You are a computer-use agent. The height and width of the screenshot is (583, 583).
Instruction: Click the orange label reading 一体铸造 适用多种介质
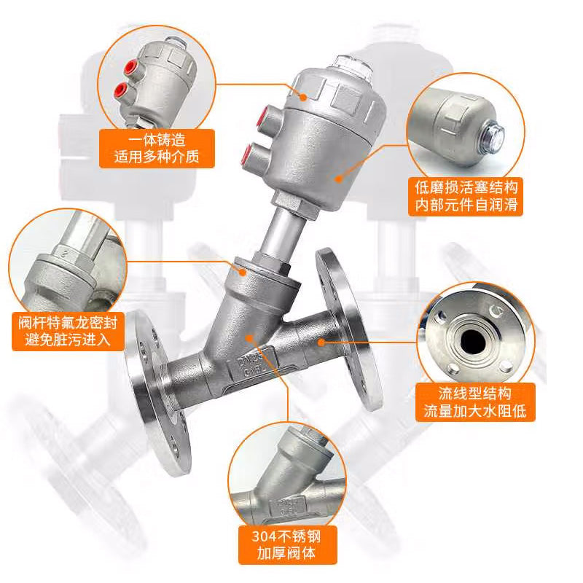click(157, 149)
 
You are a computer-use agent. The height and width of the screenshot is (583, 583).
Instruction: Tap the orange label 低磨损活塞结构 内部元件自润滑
click(466, 196)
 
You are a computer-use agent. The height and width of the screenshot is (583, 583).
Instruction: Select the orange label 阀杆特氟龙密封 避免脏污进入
click(68, 331)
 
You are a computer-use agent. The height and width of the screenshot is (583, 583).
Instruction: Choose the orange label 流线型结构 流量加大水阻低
click(475, 402)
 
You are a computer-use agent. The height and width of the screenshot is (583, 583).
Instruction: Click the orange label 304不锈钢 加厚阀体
click(287, 544)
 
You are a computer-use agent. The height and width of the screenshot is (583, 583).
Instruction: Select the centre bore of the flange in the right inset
click(473, 341)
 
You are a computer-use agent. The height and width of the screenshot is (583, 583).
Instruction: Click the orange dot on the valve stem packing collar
click(243, 273)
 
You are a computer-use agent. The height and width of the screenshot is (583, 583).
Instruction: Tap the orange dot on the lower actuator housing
click(338, 179)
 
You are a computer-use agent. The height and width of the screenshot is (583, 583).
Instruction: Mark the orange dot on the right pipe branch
click(321, 342)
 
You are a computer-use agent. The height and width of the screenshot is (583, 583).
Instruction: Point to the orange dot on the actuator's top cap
click(304, 98)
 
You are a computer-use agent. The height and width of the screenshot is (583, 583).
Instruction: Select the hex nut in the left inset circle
click(73, 257)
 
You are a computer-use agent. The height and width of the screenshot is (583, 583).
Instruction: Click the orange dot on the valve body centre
click(249, 338)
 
